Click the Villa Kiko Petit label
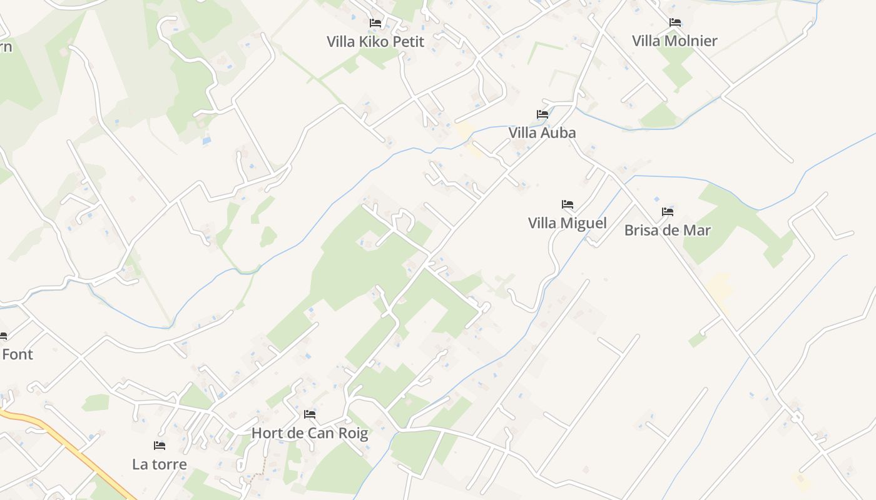pyautogui.click(x=375, y=42)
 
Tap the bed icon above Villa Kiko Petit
pyautogui.click(x=375, y=23)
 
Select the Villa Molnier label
pyautogui.click(x=675, y=41)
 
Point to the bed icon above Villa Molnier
pyautogui.click(x=675, y=22)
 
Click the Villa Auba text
pyautogui.click(x=542, y=132)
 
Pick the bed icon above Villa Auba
pyautogui.click(x=542, y=114)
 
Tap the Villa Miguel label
pyautogui.click(x=567, y=223)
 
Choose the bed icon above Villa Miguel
pyautogui.click(x=568, y=204)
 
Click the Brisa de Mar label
pyautogui.click(x=668, y=230)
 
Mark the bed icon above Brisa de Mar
pyautogui.click(x=668, y=212)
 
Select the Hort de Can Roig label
pyautogui.click(x=310, y=432)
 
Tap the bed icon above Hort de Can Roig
pyautogui.click(x=310, y=414)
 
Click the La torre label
pyautogui.click(x=160, y=464)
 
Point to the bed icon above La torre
pyautogui.click(x=160, y=446)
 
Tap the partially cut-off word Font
pyautogui.click(x=17, y=354)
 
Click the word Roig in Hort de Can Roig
pyautogui.click(x=352, y=432)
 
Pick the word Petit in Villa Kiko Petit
pyautogui.click(x=408, y=42)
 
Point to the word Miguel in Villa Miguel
pyautogui.click(x=584, y=223)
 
